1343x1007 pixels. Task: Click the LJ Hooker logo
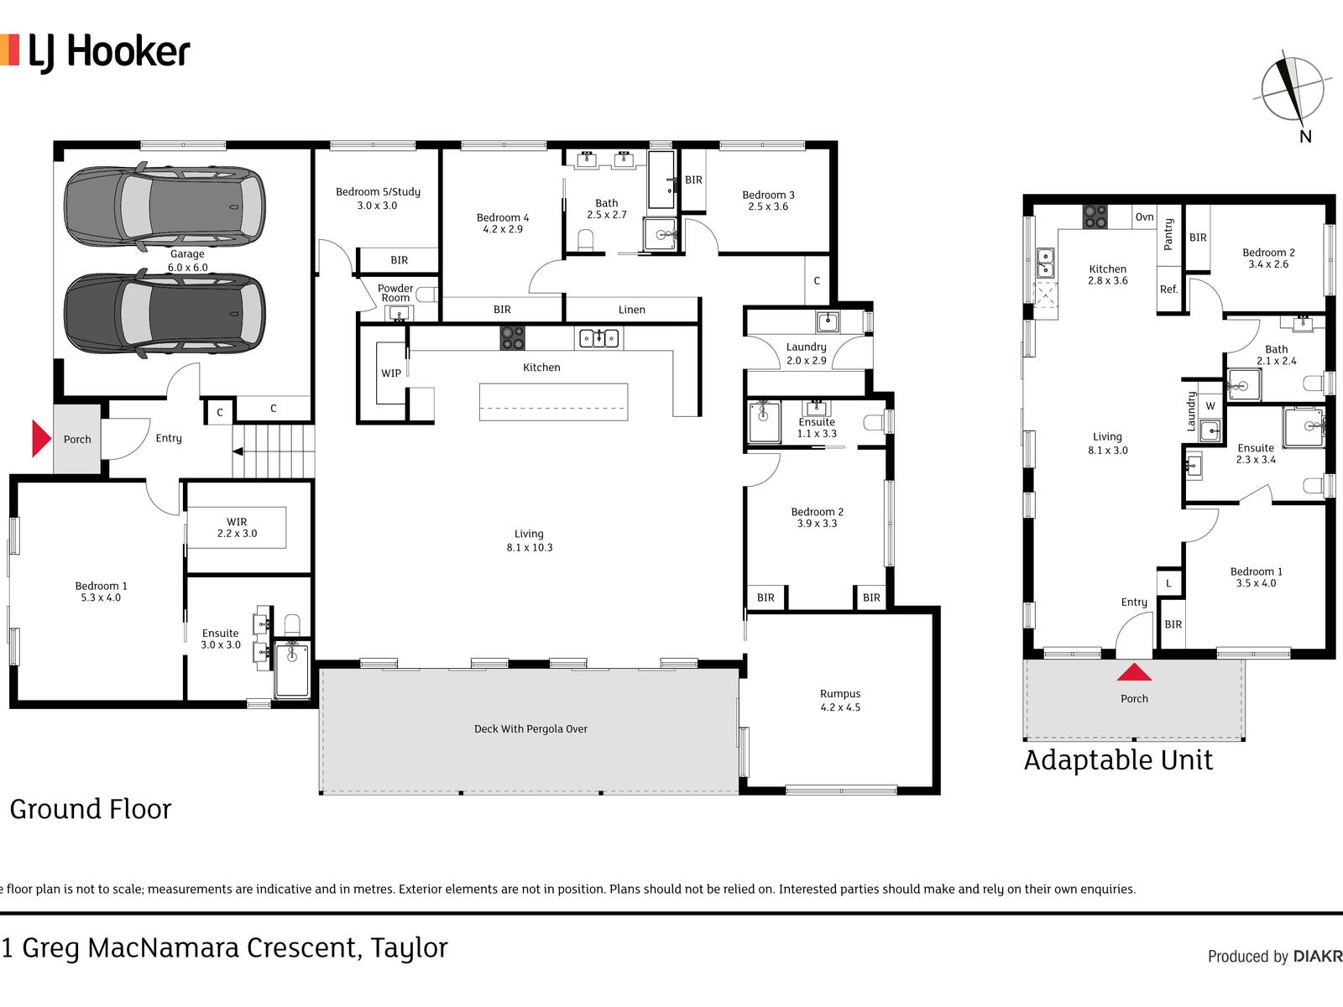95,52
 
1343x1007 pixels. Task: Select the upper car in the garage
165,206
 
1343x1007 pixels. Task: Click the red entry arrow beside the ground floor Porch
41,438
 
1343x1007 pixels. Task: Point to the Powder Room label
395,293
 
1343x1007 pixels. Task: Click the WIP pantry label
391,373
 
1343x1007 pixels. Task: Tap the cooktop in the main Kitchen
512,338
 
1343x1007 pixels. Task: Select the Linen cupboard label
631,310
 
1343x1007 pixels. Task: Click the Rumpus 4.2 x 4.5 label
840,700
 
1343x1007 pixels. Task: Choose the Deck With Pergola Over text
530,728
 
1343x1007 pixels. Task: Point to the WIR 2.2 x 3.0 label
237,528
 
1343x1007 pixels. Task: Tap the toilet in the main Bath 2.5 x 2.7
586,240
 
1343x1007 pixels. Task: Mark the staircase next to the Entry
273,451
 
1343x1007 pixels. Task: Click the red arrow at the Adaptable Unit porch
1134,672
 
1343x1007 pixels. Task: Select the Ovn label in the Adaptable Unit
1144,217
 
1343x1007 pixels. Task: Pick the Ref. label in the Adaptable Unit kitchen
1168,290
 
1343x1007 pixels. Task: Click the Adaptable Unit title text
1118,760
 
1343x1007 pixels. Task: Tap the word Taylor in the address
409,948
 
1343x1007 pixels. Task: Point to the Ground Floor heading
91,809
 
